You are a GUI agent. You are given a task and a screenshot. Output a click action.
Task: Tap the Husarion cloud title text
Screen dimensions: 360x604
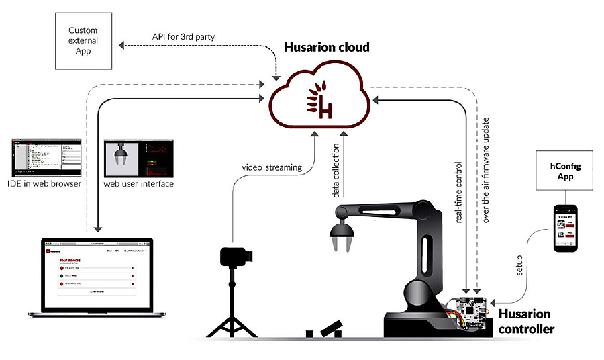coord(327,48)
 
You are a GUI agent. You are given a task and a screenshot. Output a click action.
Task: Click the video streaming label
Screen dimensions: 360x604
coord(271,168)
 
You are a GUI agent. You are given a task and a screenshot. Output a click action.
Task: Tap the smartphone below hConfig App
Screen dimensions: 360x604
coord(565,228)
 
